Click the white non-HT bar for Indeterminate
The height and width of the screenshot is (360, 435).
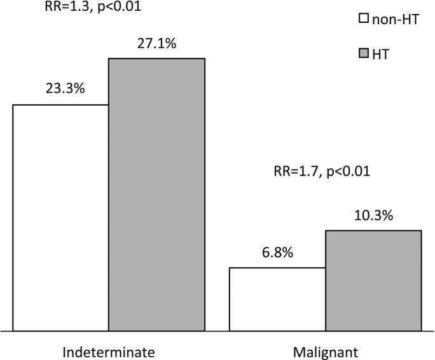coord(60,218)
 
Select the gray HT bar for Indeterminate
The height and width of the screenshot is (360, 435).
coord(156,195)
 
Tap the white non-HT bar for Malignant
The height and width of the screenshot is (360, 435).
coord(277,299)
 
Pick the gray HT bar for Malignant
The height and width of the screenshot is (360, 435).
coord(373,280)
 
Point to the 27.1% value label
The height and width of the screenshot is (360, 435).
coord(156,44)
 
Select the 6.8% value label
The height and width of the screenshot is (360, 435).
coord(277,253)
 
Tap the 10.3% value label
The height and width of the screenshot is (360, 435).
coord(373,216)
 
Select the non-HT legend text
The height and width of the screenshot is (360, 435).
coord(396,19)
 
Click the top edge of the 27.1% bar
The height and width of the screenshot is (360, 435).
coord(156,59)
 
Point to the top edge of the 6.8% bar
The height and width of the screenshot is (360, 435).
coord(277,268)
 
